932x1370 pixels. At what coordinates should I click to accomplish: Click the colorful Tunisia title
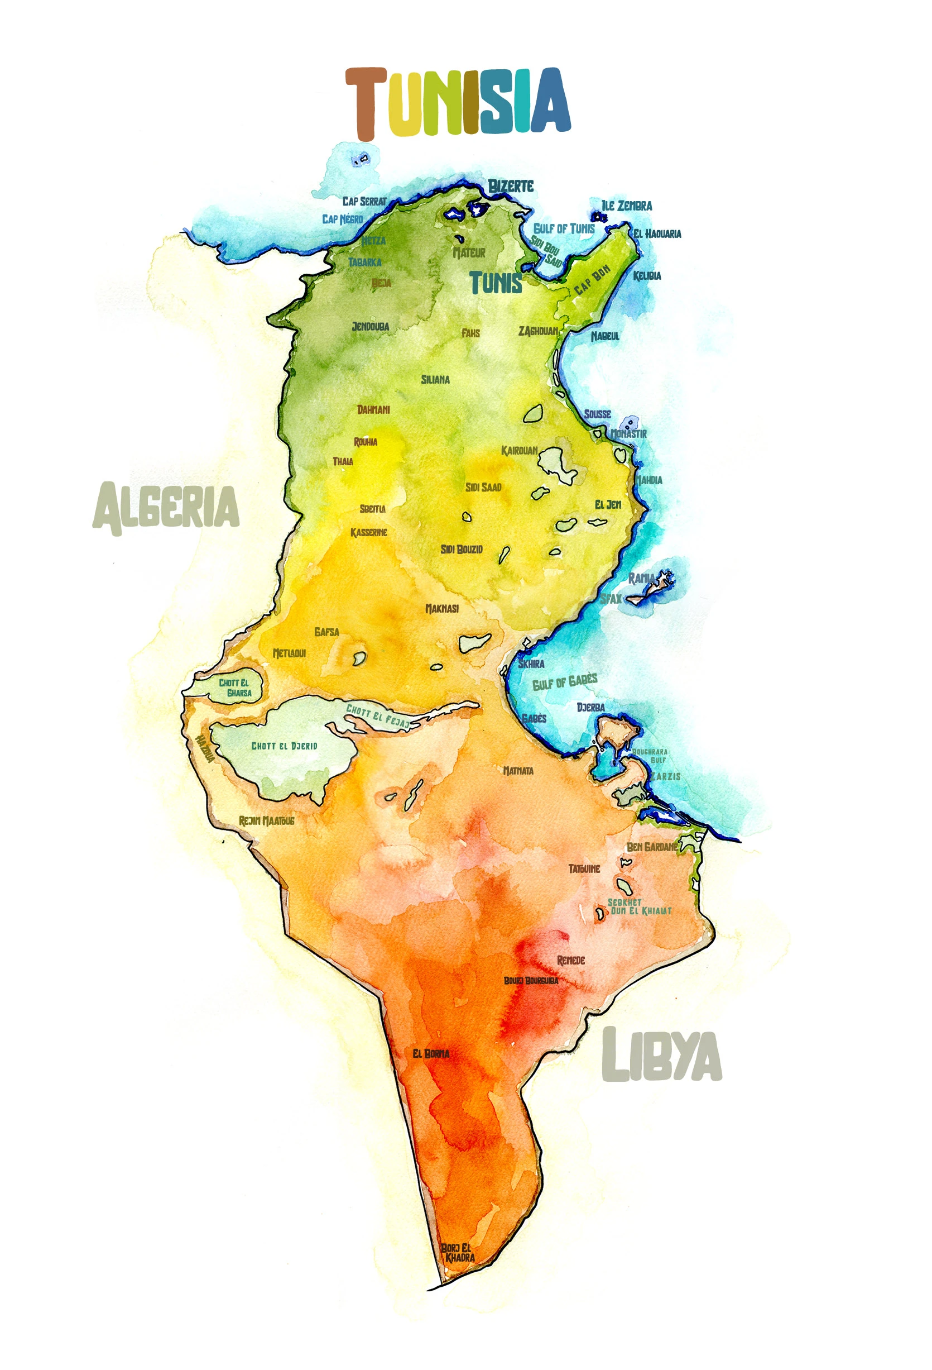coord(457,103)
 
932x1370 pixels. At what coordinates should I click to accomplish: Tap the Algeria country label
coord(166,507)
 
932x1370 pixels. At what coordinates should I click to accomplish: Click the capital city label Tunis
coord(496,284)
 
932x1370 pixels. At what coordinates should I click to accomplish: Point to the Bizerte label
coord(511,187)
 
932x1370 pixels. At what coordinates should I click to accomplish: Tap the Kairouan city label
coord(519,451)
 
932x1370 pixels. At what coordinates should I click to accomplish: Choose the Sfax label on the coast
coord(611,599)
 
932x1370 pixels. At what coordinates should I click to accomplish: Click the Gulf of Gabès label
coord(564,681)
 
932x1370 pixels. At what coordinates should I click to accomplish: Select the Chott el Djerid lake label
coord(284,746)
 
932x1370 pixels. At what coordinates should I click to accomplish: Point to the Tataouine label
coord(584,869)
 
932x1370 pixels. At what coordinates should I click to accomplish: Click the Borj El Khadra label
coord(458,1253)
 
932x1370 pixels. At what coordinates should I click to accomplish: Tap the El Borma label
coord(431,1053)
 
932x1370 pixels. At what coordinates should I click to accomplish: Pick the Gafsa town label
coord(326,632)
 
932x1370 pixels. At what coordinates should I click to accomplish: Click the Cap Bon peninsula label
coord(592,280)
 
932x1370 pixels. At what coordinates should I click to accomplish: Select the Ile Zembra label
coord(626,206)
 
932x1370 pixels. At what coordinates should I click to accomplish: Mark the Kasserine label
coord(369,532)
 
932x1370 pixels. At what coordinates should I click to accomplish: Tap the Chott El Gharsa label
coord(235,688)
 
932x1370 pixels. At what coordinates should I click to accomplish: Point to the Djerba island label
coord(590,708)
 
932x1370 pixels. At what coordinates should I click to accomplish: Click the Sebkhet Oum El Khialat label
coord(639,906)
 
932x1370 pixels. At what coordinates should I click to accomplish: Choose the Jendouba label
coord(370,327)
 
